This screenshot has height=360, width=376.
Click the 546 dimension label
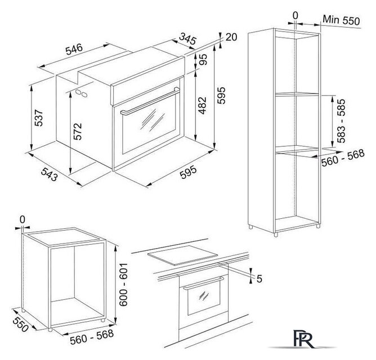pyautogui.click(x=74, y=49)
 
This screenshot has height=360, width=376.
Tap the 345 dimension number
pyautogui.click(x=188, y=38)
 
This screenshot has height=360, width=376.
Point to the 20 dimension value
pyautogui.click(x=231, y=37)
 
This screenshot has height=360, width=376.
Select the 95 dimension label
pyautogui.click(x=203, y=60)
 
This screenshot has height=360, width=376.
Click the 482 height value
pyautogui.click(x=203, y=105)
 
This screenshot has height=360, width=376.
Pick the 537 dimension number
pyautogui.click(x=39, y=118)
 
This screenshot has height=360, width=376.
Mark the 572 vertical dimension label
pyautogui.click(x=78, y=132)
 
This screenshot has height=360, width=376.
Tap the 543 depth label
pyautogui.click(x=49, y=174)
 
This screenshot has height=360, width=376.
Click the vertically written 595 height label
pyautogui.click(x=221, y=96)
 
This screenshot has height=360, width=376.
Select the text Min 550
pyautogui.click(x=341, y=20)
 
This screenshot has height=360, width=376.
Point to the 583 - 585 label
pyautogui.click(x=341, y=121)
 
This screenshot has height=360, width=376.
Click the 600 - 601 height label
pyautogui.click(x=123, y=284)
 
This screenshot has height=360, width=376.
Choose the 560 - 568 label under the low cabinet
pyautogui.click(x=92, y=337)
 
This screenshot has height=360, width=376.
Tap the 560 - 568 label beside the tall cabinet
pyautogui.click(x=343, y=157)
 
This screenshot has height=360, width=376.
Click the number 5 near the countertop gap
pyautogui.click(x=259, y=278)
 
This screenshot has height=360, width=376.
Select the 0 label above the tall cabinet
pyautogui.click(x=296, y=16)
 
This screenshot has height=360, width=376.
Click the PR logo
pyautogui.click(x=303, y=339)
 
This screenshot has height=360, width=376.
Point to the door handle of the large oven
pyautogui.click(x=150, y=101)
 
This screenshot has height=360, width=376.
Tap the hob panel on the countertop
pyautogui.click(x=183, y=255)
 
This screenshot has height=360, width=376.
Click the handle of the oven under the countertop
pyautogui.click(x=204, y=283)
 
